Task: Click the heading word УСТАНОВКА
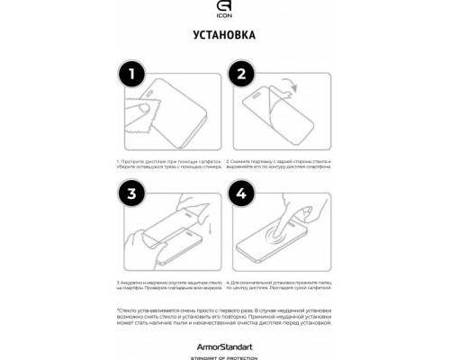click(224, 35)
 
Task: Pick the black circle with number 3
click(131, 193)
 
